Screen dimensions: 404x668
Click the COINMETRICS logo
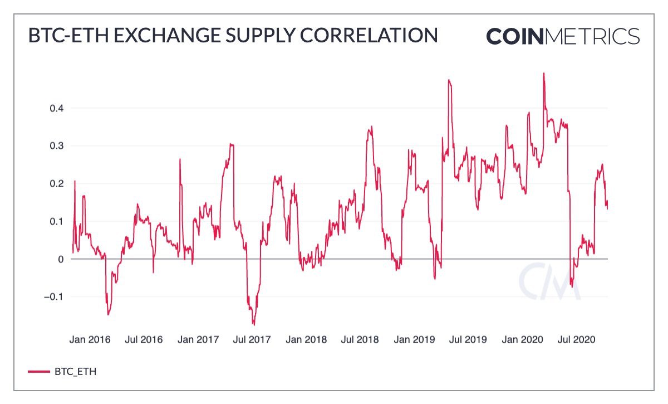click(x=563, y=36)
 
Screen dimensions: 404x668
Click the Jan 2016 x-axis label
click(x=90, y=339)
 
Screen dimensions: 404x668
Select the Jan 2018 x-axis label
click(x=306, y=339)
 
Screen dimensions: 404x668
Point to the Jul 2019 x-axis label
click(x=467, y=339)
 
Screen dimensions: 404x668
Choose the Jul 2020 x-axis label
click(x=576, y=339)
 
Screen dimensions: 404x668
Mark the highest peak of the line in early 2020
click(x=543, y=74)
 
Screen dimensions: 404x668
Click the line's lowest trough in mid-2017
click(x=254, y=324)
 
